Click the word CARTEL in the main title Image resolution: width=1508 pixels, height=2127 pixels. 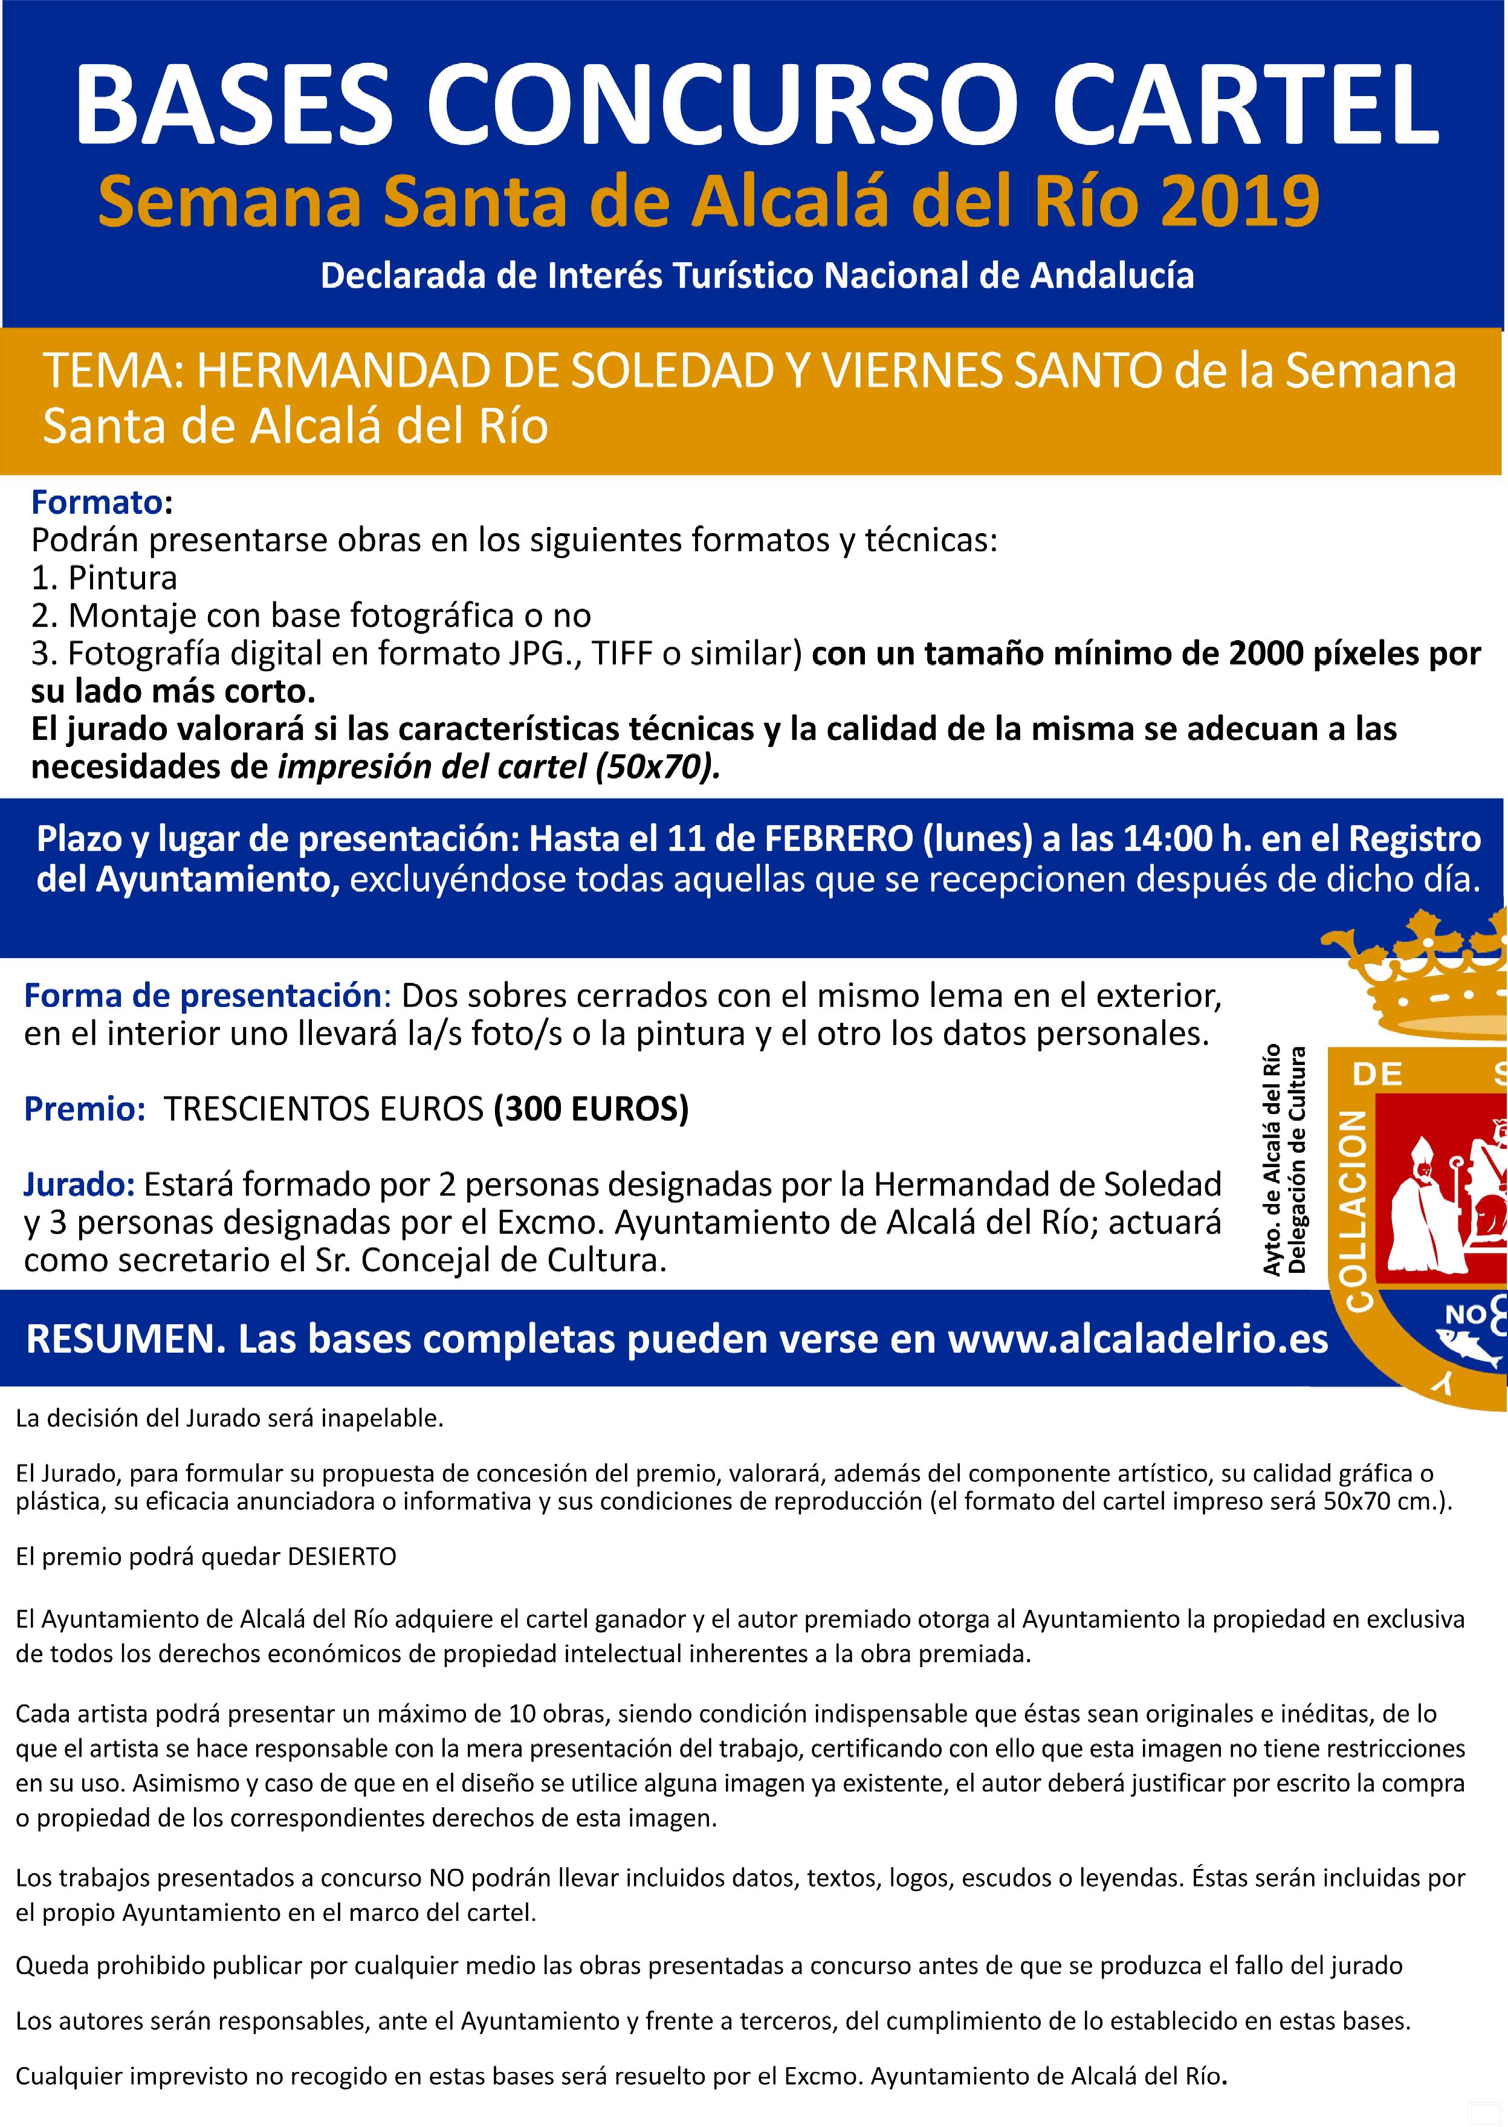[x=1233, y=103]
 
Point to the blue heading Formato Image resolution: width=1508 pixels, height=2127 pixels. [x=97, y=502]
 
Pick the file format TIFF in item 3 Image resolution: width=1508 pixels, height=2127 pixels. [x=627, y=653]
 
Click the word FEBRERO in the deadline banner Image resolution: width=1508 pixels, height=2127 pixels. [x=838, y=838]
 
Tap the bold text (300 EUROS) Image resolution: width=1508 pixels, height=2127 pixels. [x=591, y=1109]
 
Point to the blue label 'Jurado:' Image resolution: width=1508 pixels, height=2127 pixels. [x=80, y=1183]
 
